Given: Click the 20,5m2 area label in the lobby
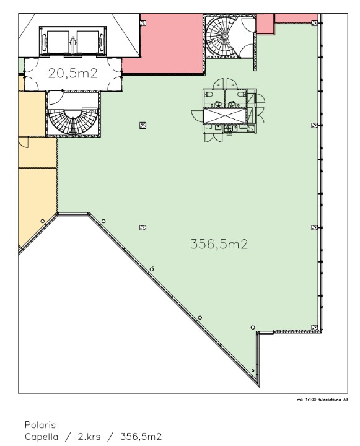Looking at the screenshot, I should point(73,73).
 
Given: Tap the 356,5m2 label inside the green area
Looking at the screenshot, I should point(219,244).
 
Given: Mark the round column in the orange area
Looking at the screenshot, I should point(42,221).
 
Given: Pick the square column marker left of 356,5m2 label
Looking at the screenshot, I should point(143,227).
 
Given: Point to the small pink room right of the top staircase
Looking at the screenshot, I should point(265,24).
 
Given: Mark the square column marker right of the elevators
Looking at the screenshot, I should point(143,22).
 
